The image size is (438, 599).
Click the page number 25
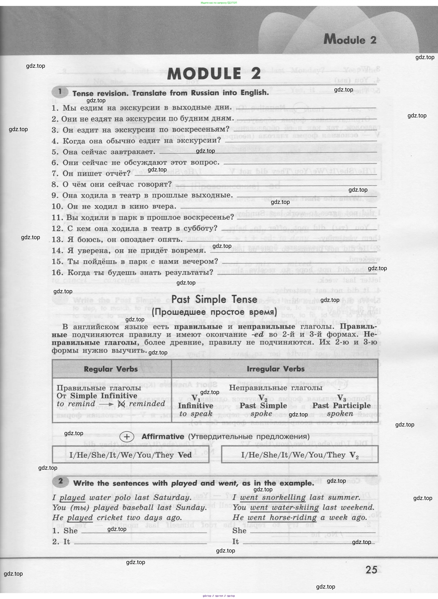(371, 569)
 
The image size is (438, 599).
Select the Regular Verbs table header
(111, 369)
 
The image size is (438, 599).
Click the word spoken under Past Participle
(340, 414)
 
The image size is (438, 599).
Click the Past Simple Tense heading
(214, 299)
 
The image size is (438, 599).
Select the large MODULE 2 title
(214, 73)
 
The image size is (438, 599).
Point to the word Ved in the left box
(185, 455)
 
